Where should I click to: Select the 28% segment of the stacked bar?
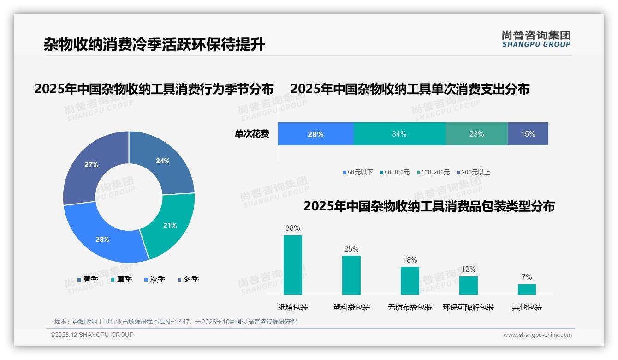(315, 134)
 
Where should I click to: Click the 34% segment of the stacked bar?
(399, 134)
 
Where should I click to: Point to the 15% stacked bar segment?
(528, 134)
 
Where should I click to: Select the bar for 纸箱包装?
(293, 265)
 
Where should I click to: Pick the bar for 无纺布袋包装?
(410, 281)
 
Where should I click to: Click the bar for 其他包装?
(527, 289)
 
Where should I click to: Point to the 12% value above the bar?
(469, 270)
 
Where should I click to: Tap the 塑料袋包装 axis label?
(351, 307)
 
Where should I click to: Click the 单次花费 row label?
(252, 134)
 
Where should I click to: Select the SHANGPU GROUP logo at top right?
(536, 39)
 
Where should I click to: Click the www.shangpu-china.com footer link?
(537, 335)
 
